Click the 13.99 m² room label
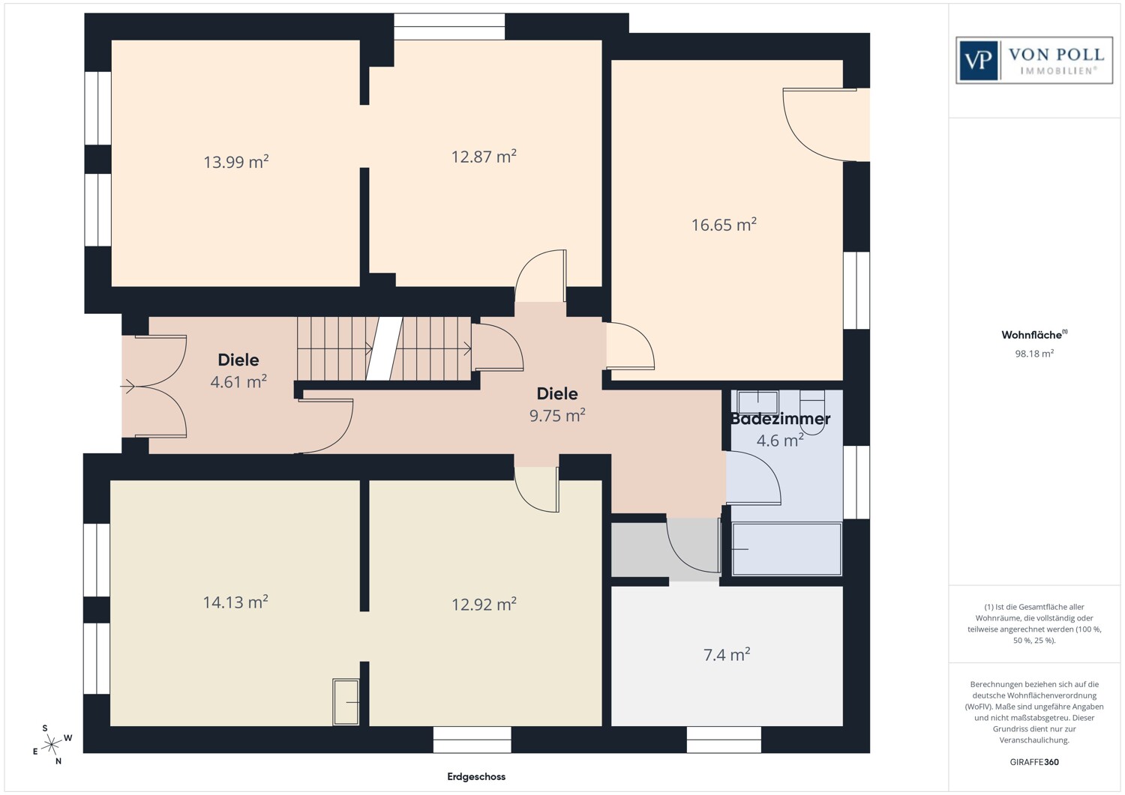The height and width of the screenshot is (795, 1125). (x=236, y=162)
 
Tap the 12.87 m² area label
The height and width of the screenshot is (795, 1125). (x=484, y=157)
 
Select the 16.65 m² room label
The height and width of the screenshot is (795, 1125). (x=724, y=224)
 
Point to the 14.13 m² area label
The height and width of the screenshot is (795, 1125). (x=235, y=602)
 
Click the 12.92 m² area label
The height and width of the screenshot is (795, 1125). (x=484, y=604)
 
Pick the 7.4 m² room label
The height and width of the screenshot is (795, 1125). (x=727, y=654)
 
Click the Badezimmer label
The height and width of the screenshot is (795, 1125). (x=780, y=419)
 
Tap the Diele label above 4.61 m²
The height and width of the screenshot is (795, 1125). (x=238, y=360)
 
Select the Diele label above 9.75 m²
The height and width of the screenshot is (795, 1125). (x=557, y=393)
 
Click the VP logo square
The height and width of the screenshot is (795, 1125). (x=978, y=61)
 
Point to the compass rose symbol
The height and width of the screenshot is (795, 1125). (x=51, y=745)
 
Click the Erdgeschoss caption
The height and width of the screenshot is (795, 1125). (x=476, y=776)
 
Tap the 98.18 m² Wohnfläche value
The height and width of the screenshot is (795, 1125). (x=1034, y=354)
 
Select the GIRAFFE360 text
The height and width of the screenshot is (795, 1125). (x=1034, y=762)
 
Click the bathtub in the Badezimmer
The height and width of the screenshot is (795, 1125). (x=787, y=549)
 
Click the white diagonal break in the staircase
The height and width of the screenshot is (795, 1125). (x=384, y=348)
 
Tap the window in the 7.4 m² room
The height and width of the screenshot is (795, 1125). (x=724, y=740)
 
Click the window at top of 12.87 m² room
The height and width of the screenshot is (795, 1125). (x=449, y=27)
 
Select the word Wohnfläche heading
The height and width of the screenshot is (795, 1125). (x=1031, y=335)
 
